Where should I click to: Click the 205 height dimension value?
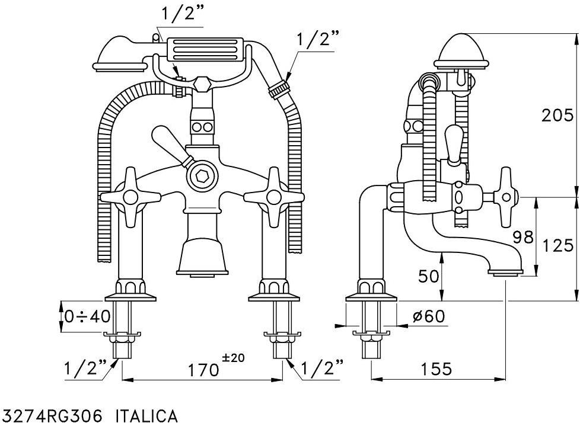coord(557,116)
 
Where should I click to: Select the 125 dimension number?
coord(557,245)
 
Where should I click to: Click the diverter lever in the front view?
coord(172,144)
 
